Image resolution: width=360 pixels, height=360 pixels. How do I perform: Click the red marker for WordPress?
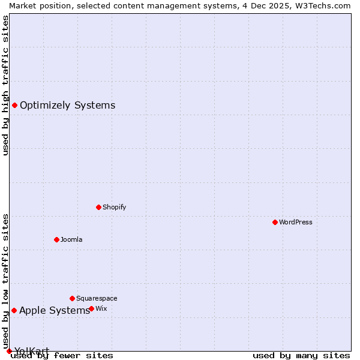275,222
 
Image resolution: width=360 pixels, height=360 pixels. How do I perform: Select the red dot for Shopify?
98,207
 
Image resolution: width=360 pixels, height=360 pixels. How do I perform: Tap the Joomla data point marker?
56,239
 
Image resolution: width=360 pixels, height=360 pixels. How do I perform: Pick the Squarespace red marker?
72,298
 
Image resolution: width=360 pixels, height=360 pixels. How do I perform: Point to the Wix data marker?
91,308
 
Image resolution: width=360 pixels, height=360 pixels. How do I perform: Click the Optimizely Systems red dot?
14,106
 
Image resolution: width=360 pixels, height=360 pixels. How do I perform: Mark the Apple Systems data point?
14,310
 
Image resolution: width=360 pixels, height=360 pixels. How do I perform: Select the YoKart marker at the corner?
9,351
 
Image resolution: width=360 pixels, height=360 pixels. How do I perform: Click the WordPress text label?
296,222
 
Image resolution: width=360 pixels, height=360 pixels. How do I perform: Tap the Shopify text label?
114,207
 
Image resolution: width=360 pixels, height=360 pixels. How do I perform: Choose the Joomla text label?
71,239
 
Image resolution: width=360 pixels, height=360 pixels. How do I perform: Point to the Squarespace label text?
97,298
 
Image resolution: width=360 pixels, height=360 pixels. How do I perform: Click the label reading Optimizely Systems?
67,106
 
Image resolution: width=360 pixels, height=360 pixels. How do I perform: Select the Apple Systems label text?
55,310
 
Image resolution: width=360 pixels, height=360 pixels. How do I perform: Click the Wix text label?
101,308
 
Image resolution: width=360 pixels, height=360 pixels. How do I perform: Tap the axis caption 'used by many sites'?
301,355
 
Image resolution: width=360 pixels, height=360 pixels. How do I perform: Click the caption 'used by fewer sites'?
62,355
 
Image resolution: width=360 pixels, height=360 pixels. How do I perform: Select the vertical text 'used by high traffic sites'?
5,85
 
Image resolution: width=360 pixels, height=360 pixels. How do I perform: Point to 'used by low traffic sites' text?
5,281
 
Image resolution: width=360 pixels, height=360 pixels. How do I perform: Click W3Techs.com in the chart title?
322,5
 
